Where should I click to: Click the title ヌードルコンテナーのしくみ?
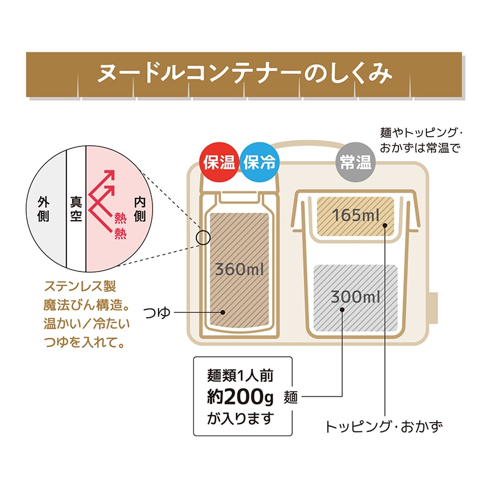(x=244, y=74)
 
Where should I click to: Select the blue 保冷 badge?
(x=259, y=163)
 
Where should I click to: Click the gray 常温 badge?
(x=356, y=163)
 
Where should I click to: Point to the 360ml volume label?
(x=239, y=269)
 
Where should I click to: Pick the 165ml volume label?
(x=356, y=215)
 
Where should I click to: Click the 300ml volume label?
(x=356, y=298)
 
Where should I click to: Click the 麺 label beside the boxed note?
(x=291, y=398)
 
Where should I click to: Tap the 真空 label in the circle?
(x=76, y=209)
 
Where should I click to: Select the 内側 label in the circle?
(x=139, y=209)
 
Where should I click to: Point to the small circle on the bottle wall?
(x=203, y=236)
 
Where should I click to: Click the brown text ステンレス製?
(x=80, y=287)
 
